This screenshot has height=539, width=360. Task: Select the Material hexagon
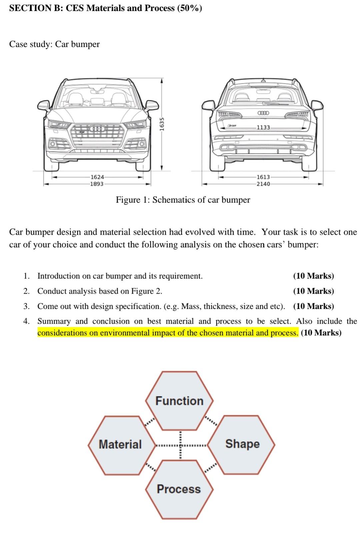click(x=120, y=444)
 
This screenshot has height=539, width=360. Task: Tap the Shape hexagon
click(x=242, y=444)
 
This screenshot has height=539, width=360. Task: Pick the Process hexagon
click(x=179, y=489)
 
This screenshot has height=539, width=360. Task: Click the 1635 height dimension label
click(x=162, y=124)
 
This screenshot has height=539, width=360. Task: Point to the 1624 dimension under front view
click(x=97, y=177)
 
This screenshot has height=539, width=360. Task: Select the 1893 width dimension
click(x=97, y=184)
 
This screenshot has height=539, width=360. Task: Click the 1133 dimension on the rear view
click(x=263, y=127)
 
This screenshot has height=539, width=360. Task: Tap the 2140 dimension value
click(x=263, y=184)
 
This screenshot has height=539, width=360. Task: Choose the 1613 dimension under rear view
click(x=263, y=177)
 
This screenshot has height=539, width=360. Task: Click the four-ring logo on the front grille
click(x=97, y=129)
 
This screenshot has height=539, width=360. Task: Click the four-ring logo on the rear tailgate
click(x=263, y=113)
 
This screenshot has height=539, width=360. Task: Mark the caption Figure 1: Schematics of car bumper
click(x=183, y=200)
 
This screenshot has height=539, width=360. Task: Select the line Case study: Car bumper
click(x=54, y=44)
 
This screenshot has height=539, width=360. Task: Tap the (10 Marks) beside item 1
click(x=313, y=276)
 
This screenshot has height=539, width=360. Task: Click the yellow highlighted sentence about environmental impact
click(x=168, y=333)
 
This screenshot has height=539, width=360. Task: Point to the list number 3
click(x=27, y=306)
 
